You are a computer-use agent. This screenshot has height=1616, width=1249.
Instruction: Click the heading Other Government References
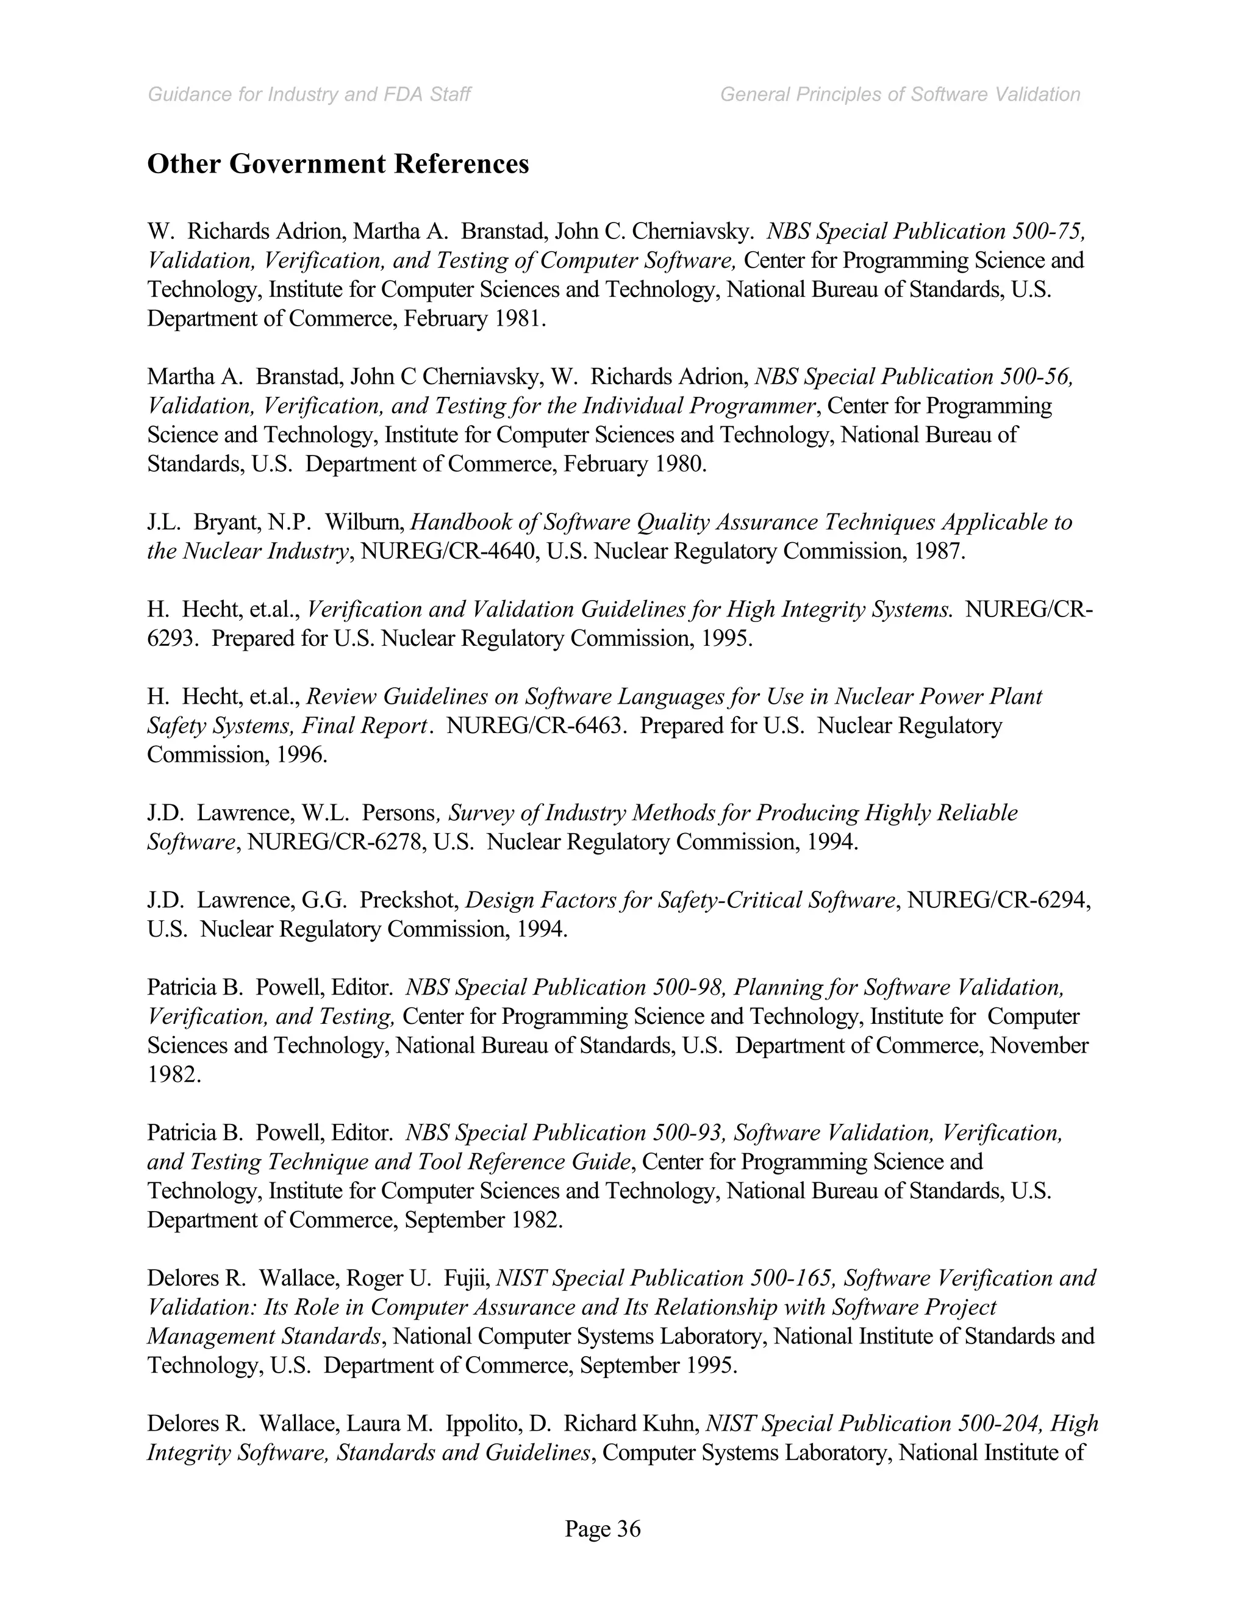(x=338, y=163)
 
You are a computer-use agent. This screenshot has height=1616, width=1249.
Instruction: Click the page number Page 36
(x=603, y=1528)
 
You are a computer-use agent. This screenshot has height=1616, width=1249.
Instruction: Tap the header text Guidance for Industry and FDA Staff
(x=309, y=95)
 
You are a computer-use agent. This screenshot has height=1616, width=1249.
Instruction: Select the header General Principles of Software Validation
(x=900, y=95)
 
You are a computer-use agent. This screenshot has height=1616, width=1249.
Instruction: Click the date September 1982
(x=483, y=1220)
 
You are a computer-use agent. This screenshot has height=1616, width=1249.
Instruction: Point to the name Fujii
(x=466, y=1278)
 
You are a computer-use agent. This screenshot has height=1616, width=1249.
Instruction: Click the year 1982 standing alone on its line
(x=174, y=1074)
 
